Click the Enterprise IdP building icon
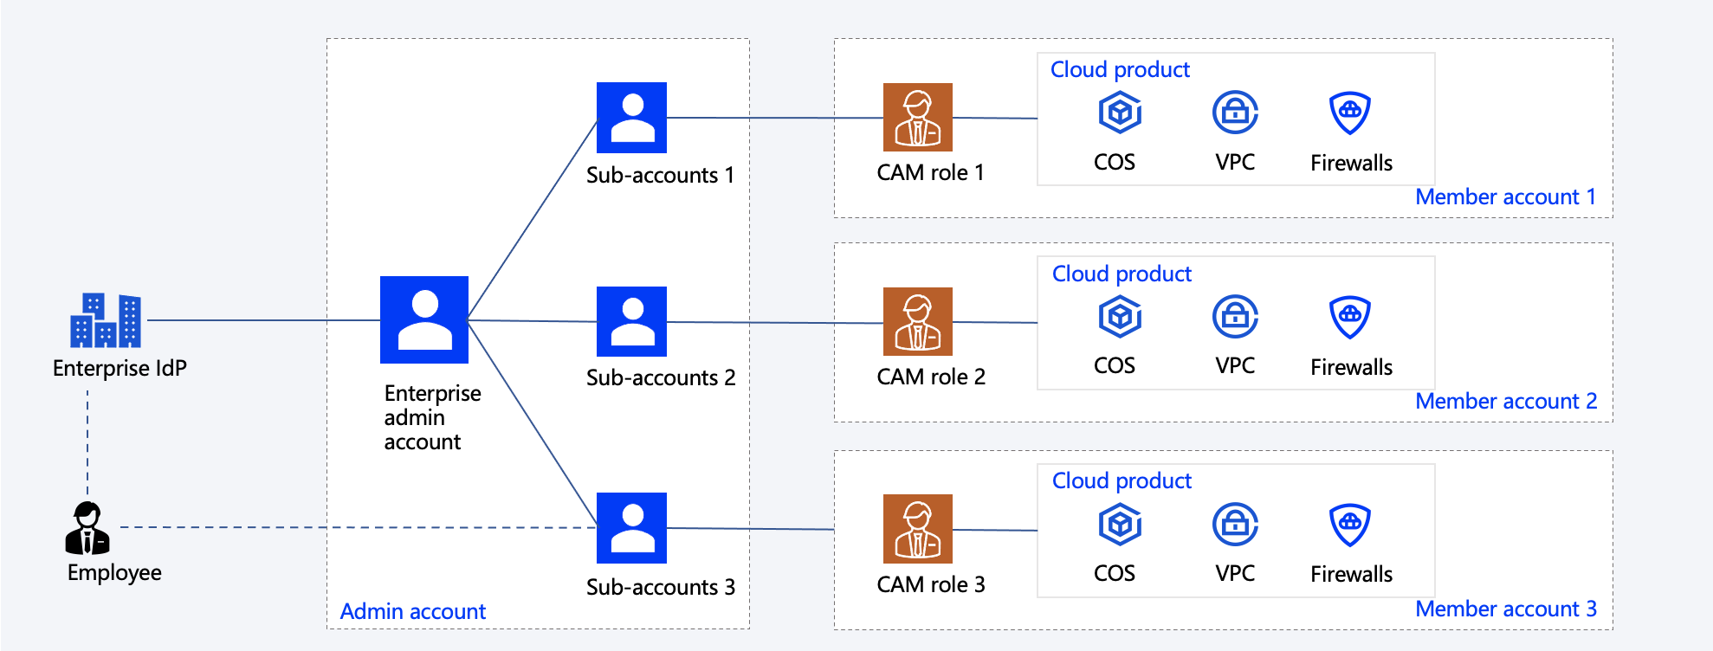pos(106,320)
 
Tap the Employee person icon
pos(87,528)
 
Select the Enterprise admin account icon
pos(424,319)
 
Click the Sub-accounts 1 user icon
pos(631,118)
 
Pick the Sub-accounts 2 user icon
pos(631,321)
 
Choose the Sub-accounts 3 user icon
pos(631,527)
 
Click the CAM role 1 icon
pos(917,118)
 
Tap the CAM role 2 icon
pos(917,321)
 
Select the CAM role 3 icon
pos(917,528)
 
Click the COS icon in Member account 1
pos(1120,113)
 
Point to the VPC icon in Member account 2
pos(1235,317)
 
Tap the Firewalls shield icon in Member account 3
pos(1349,525)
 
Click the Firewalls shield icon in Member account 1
pos(1349,113)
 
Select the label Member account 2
pos(1505,402)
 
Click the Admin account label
pos(412,612)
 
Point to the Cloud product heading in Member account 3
pos(1122,481)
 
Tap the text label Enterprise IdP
pos(120,369)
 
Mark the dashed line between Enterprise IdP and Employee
pos(87,442)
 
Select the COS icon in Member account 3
pos(1120,525)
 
